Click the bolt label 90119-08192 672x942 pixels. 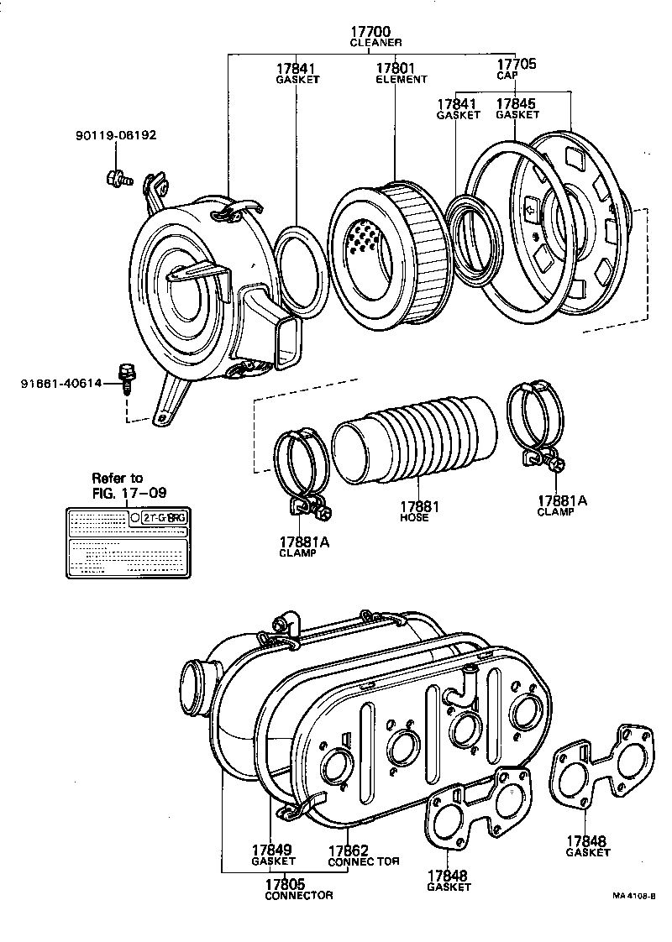(117, 133)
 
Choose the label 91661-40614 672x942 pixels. (61, 383)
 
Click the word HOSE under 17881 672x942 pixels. (414, 518)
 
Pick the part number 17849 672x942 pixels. (273, 850)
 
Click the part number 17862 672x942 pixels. (348, 850)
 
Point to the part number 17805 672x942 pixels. (286, 883)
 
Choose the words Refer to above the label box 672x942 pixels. (117, 478)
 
